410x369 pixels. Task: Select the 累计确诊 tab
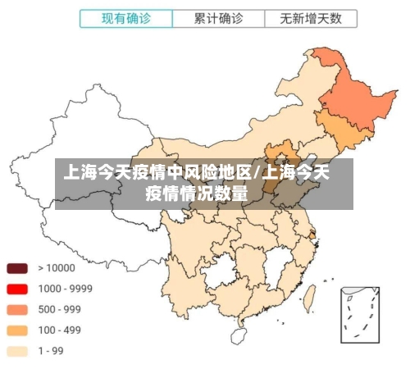[x=217, y=17]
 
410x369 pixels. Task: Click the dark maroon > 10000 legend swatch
[x=17, y=267]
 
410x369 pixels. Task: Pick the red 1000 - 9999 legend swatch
[x=17, y=289]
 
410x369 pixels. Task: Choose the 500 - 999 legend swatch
[x=17, y=309]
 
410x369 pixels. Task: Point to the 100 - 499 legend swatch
[x=17, y=330]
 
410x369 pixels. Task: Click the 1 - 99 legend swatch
[x=17, y=351]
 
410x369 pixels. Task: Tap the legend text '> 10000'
[x=55, y=267]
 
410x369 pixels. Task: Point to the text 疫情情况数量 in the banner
[x=197, y=194]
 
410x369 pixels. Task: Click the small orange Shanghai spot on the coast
[x=312, y=235]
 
